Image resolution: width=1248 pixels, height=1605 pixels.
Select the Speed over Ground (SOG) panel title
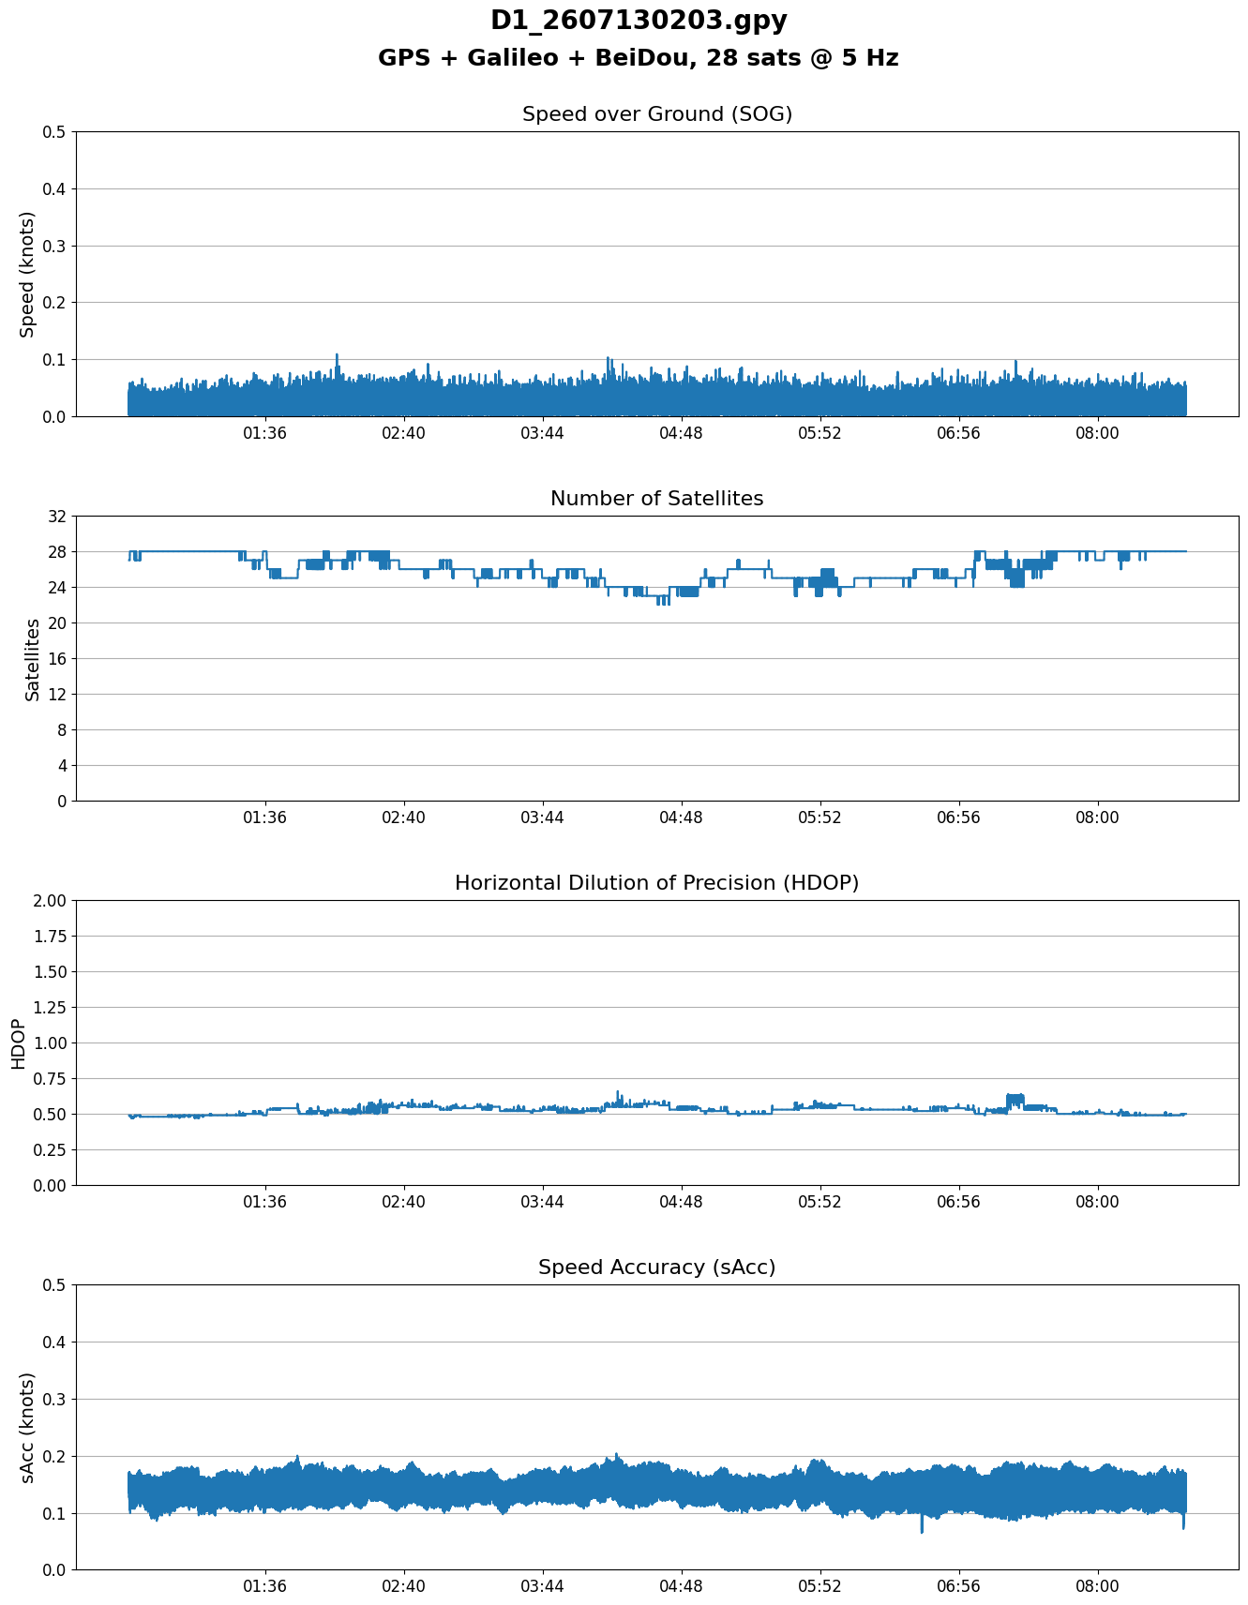pyautogui.click(x=657, y=114)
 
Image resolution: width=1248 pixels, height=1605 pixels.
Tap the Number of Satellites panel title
pyautogui.click(x=657, y=499)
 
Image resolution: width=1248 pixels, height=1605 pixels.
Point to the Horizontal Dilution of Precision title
pyautogui.click(x=657, y=883)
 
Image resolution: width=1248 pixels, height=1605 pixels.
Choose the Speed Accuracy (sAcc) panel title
pyautogui.click(x=657, y=1267)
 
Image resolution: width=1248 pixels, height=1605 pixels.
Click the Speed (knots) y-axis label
pyautogui.click(x=27, y=274)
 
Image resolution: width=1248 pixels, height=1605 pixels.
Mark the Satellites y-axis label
pyautogui.click(x=33, y=658)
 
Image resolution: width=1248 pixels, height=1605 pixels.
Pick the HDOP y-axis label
pyautogui.click(x=18, y=1043)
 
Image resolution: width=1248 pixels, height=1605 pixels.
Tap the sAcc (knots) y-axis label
pyautogui.click(x=27, y=1428)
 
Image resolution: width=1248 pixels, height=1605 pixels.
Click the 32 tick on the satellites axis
pyautogui.click(x=56, y=517)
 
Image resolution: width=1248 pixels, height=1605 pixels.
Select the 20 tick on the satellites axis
pyautogui.click(x=56, y=623)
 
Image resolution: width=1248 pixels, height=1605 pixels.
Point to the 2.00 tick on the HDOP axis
pyautogui.click(x=51, y=901)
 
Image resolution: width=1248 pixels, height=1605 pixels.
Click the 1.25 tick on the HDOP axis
pyautogui.click(x=51, y=1008)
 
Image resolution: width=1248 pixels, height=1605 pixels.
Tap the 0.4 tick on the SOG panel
pyautogui.click(x=54, y=189)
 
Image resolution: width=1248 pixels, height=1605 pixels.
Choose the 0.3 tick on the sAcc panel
pyautogui.click(x=54, y=1400)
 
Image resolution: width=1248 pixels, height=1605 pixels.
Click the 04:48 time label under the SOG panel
pyautogui.click(x=682, y=433)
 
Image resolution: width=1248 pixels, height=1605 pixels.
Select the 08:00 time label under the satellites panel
pyautogui.click(x=1097, y=817)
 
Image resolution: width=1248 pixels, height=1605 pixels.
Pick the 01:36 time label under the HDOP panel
pyautogui.click(x=265, y=1202)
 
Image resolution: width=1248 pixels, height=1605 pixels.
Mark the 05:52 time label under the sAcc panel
pyautogui.click(x=820, y=1586)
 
